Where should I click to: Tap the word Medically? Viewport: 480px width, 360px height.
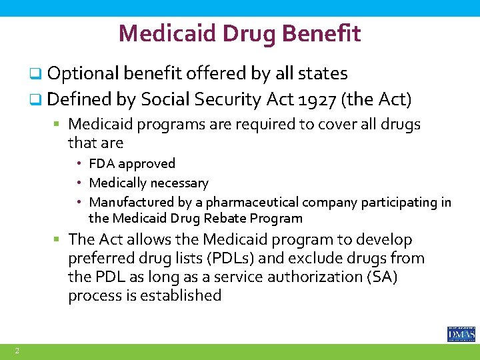[117, 183]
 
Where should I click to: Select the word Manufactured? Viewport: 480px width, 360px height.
[129, 202]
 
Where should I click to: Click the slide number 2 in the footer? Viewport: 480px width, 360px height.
[17, 351]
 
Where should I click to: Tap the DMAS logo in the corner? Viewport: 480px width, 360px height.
[461, 334]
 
